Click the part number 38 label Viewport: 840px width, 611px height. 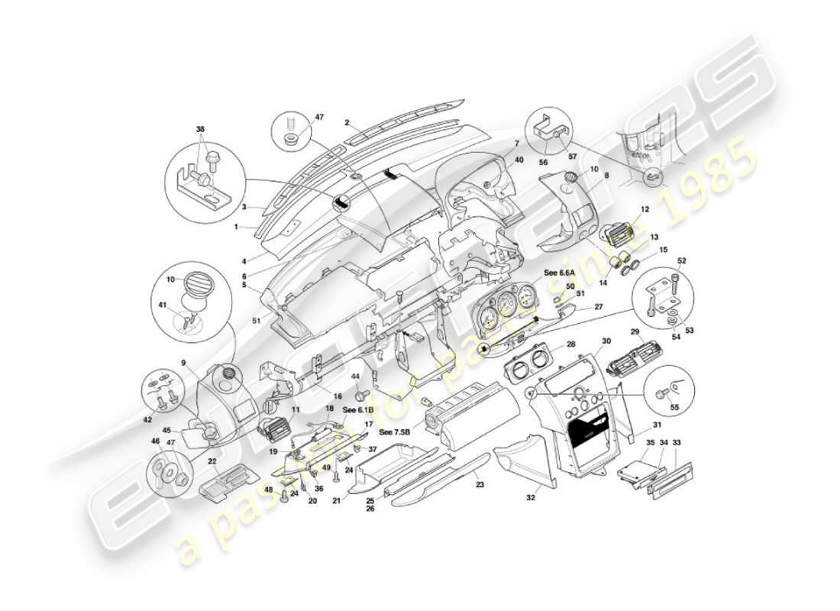(x=200, y=130)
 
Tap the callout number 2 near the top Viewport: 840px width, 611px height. (x=347, y=122)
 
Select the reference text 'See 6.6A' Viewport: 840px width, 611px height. (x=559, y=273)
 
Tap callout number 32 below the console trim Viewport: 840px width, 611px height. (x=531, y=497)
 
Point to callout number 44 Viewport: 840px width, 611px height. (x=355, y=377)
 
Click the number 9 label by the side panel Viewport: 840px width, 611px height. (x=184, y=362)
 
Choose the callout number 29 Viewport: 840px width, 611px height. (x=635, y=333)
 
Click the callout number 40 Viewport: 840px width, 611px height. (x=519, y=160)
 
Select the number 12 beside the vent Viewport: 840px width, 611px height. (x=644, y=209)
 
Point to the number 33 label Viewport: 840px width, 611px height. (x=676, y=442)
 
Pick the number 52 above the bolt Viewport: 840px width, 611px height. (x=681, y=261)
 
